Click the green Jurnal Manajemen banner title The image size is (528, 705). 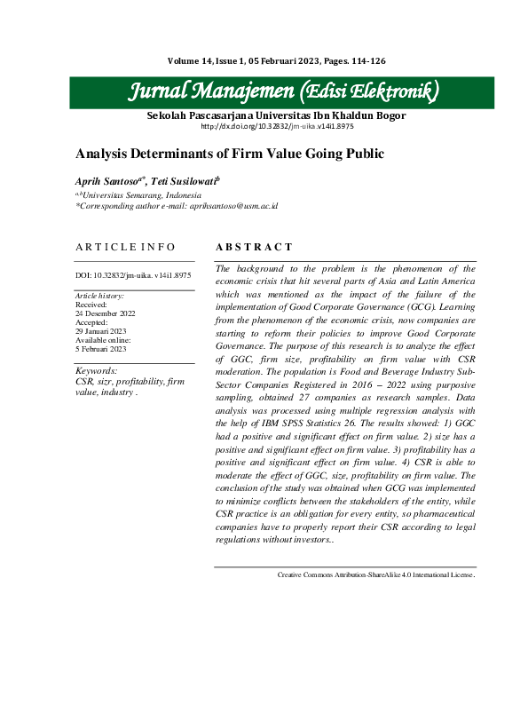tap(284, 92)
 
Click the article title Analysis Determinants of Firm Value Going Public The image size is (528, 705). tap(230, 153)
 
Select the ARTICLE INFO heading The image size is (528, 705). tap(125, 247)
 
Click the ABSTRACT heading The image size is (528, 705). tap(254, 247)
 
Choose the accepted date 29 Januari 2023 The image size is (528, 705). tap(101, 329)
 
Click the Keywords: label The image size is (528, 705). tap(96, 370)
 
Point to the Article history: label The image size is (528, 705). tap(99, 295)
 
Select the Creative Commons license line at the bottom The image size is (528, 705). tap(376, 575)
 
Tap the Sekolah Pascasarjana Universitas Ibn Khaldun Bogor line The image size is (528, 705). tap(276, 115)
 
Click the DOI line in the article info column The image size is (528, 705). tap(133, 275)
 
